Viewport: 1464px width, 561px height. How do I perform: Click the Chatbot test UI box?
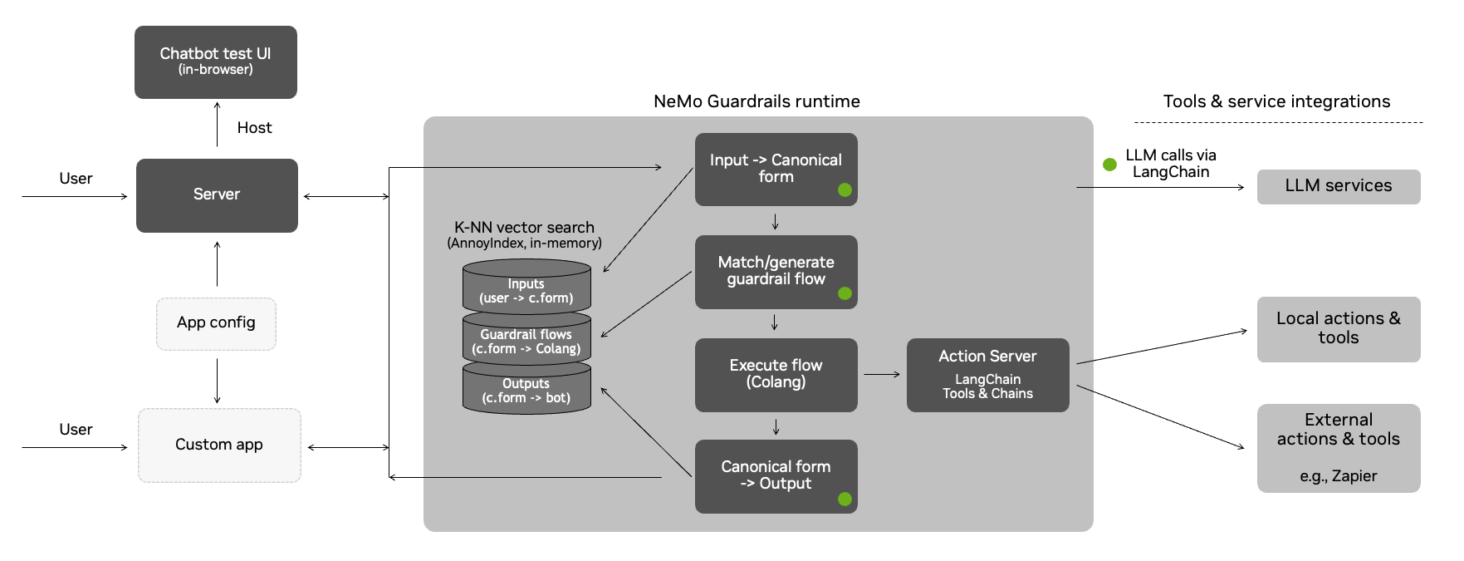pyautogui.click(x=215, y=62)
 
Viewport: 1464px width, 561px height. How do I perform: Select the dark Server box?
pyautogui.click(x=217, y=195)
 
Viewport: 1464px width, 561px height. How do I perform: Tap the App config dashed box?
pyautogui.click(x=216, y=323)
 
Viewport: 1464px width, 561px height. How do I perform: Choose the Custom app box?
pyautogui.click(x=219, y=445)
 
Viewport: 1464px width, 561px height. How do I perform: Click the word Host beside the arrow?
pyautogui.click(x=254, y=128)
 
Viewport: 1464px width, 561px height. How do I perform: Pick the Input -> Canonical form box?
pyautogui.click(x=775, y=169)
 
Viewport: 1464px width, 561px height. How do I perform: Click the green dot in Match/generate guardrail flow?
pyautogui.click(x=845, y=293)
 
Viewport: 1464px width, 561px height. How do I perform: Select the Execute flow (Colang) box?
pyautogui.click(x=775, y=374)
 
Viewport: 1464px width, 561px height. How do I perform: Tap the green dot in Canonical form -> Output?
pyautogui.click(x=845, y=499)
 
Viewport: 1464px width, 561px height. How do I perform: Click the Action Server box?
pyautogui.click(x=987, y=374)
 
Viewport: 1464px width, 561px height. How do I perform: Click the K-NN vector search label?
pyautogui.click(x=524, y=228)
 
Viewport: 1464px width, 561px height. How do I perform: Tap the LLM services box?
pyautogui.click(x=1338, y=186)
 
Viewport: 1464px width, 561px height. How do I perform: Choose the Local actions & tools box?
pyautogui.click(x=1338, y=328)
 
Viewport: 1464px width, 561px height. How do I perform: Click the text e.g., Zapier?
pyautogui.click(x=1338, y=476)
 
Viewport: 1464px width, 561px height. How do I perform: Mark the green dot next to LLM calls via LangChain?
pyautogui.click(x=1109, y=165)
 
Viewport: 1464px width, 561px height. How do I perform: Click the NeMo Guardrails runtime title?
pyautogui.click(x=756, y=101)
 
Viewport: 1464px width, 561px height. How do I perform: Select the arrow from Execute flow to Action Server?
pyautogui.click(x=881, y=375)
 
